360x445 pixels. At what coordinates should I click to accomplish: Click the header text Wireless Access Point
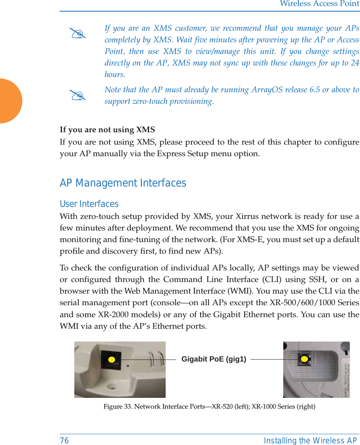click(x=319, y=4)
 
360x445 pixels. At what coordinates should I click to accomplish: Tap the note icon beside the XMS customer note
click(x=78, y=34)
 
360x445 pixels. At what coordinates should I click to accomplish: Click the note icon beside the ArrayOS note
click(x=78, y=95)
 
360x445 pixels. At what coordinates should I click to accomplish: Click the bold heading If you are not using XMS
click(x=107, y=130)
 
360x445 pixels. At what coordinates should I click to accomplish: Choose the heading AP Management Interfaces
click(x=123, y=183)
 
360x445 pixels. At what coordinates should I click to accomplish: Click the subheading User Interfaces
click(x=89, y=204)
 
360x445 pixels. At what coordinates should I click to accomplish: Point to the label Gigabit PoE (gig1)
click(x=214, y=359)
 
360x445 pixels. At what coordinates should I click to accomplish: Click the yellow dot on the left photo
click(x=111, y=360)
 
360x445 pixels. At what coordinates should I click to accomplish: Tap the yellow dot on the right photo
click(x=304, y=359)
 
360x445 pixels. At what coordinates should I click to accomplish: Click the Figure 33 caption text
click(x=209, y=407)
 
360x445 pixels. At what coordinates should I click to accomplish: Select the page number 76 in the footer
click(x=64, y=441)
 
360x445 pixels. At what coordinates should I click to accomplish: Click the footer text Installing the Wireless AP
click(x=310, y=441)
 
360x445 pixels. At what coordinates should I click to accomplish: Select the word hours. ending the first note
click(x=115, y=75)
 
